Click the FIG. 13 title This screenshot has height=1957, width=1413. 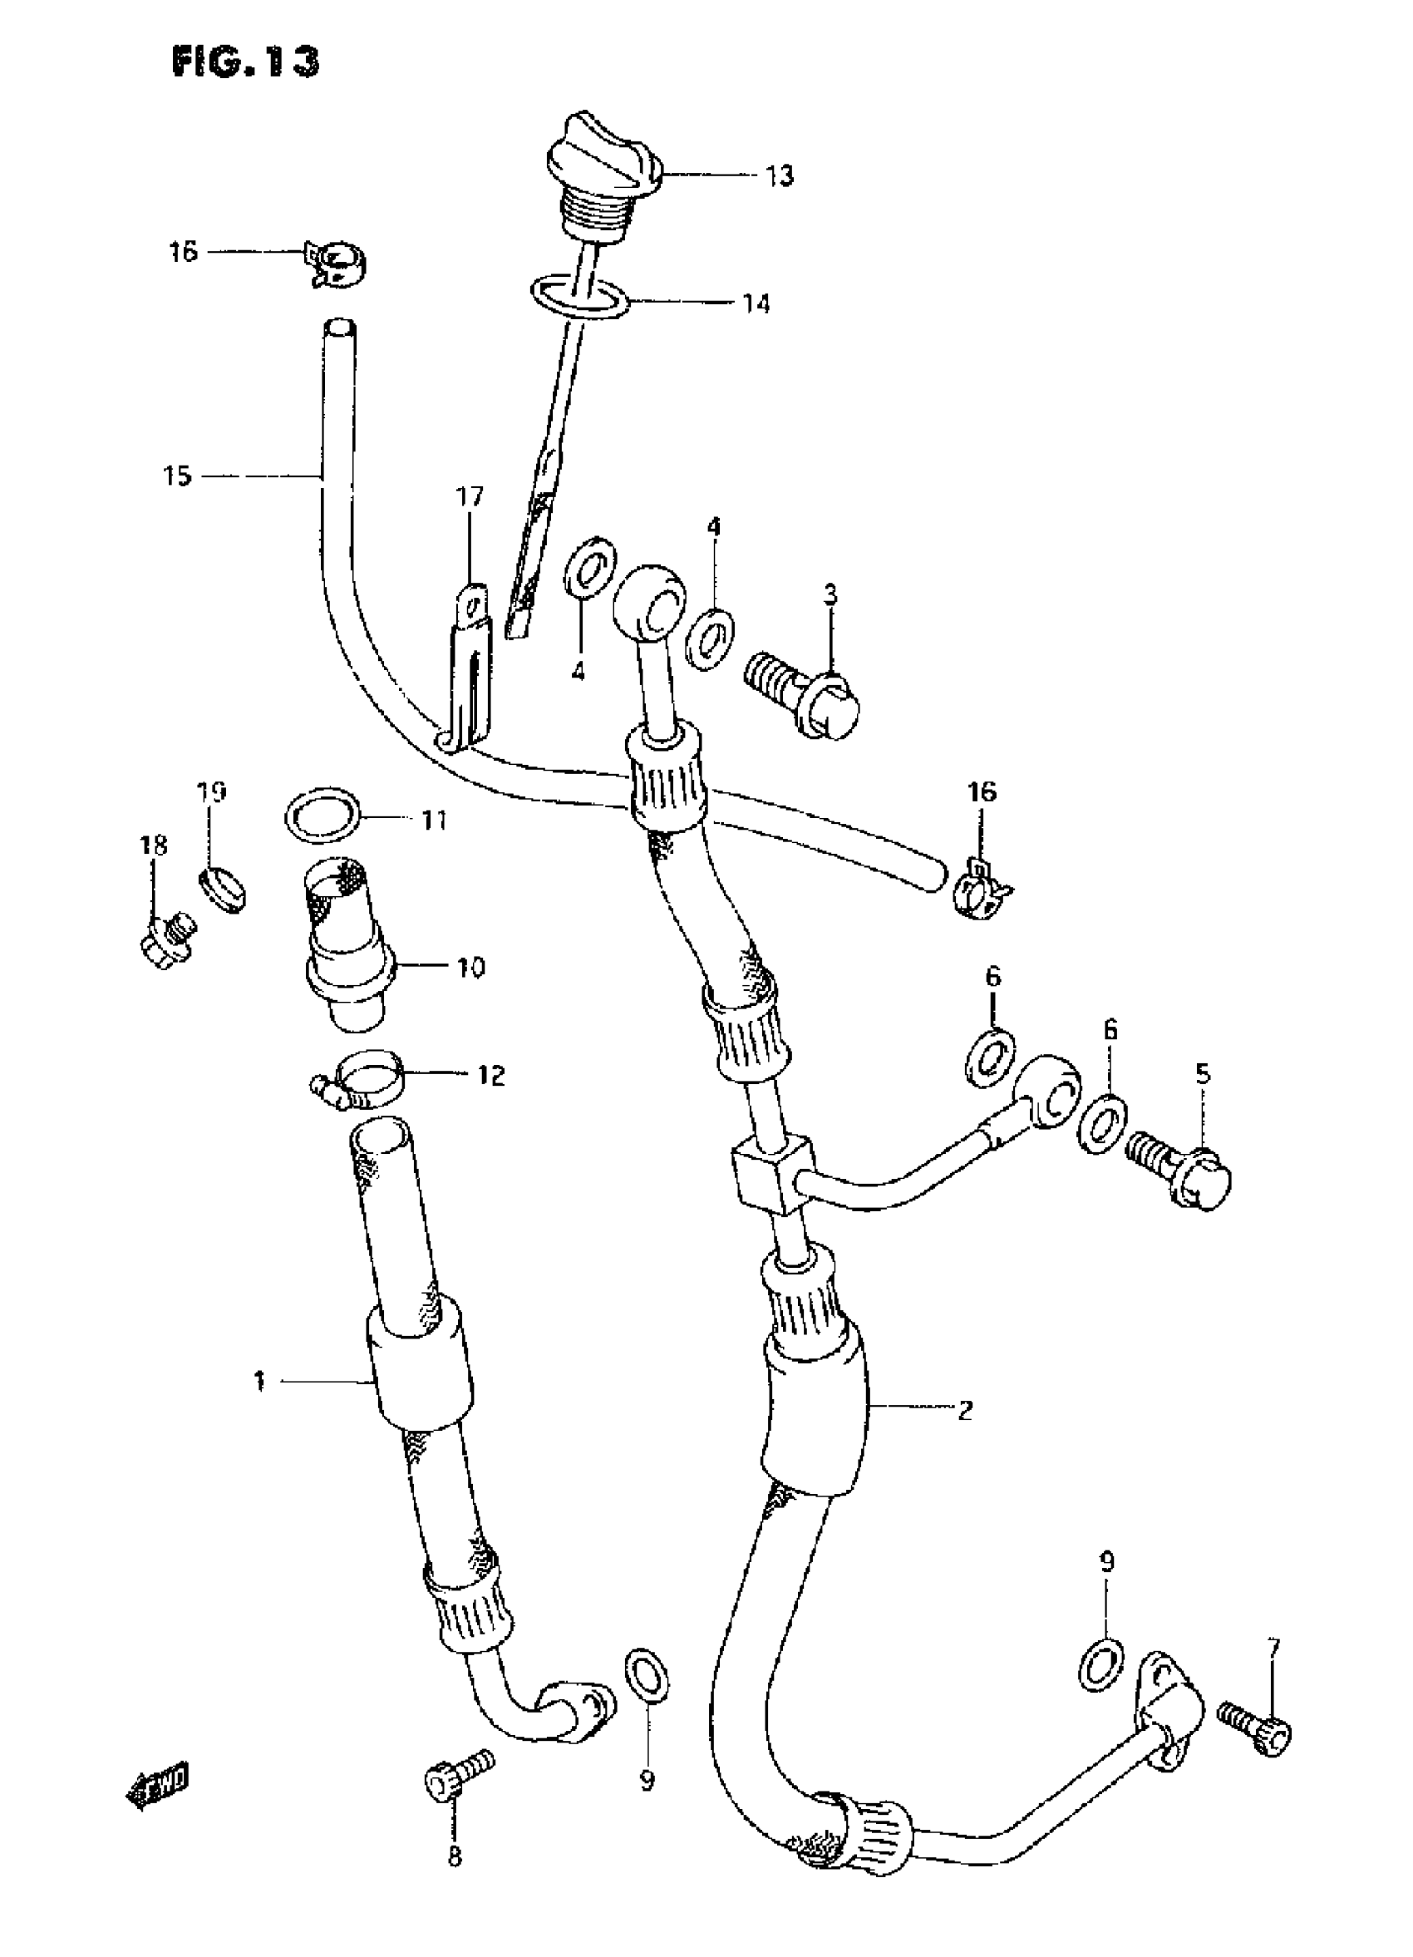pyautogui.click(x=245, y=62)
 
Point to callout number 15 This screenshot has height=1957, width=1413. pyautogui.click(x=177, y=476)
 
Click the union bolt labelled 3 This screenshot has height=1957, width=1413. pyautogui.click(x=803, y=702)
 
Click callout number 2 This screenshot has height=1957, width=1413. pyautogui.click(x=964, y=1410)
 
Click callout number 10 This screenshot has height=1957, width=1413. pyautogui.click(x=470, y=968)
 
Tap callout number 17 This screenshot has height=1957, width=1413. pyautogui.click(x=470, y=497)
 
